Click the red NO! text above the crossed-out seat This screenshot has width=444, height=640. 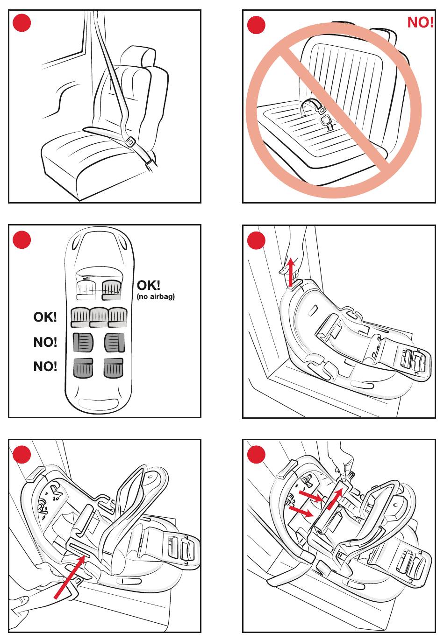point(420,22)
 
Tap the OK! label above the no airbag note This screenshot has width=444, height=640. point(148,285)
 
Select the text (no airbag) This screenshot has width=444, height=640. point(156,296)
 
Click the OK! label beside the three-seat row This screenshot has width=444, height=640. point(45,317)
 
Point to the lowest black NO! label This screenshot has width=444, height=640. point(45,366)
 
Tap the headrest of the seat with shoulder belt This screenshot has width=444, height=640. point(138,57)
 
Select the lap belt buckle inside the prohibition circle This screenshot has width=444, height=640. point(326,122)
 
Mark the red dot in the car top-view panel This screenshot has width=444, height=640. point(21,240)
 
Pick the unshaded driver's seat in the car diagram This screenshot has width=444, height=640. point(86,289)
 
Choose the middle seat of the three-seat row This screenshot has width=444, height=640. point(99,316)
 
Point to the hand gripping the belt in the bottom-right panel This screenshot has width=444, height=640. point(341,460)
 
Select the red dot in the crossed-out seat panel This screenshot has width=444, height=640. point(256,25)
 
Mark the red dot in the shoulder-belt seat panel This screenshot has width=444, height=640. point(21,23)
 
